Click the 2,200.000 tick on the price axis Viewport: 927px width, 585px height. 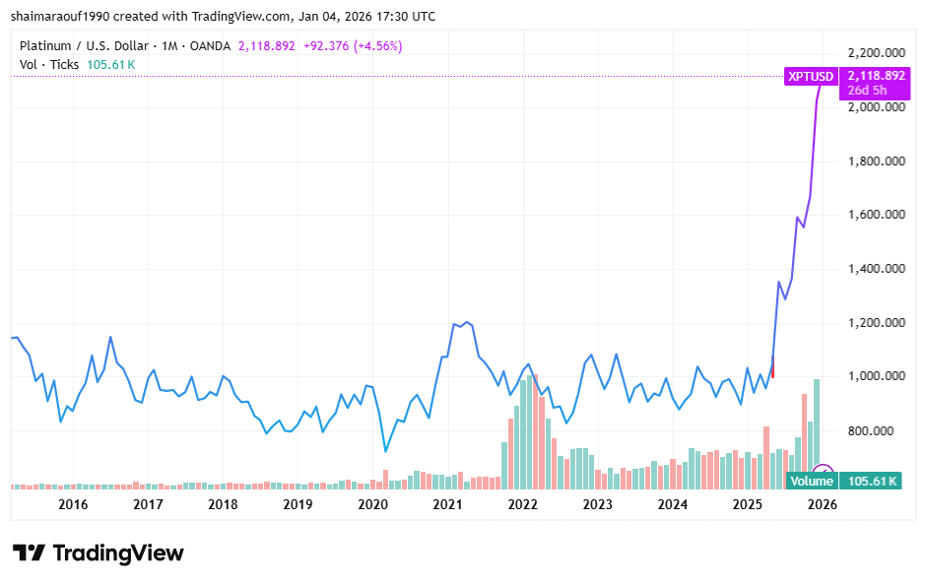point(877,53)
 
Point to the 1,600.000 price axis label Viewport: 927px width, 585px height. point(877,215)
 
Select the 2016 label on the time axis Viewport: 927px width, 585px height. point(73,504)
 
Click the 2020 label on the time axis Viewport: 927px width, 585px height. point(372,504)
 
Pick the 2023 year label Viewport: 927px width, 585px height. point(597,504)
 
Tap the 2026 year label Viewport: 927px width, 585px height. point(822,504)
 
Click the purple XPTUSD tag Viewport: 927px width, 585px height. point(811,76)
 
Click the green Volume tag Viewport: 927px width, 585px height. point(813,481)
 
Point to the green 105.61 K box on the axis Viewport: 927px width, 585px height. point(873,481)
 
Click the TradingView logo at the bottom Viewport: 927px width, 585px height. point(98,552)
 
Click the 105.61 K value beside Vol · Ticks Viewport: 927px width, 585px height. point(111,64)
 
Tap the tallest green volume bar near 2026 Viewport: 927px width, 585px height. point(817,433)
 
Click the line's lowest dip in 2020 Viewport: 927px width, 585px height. point(386,451)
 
